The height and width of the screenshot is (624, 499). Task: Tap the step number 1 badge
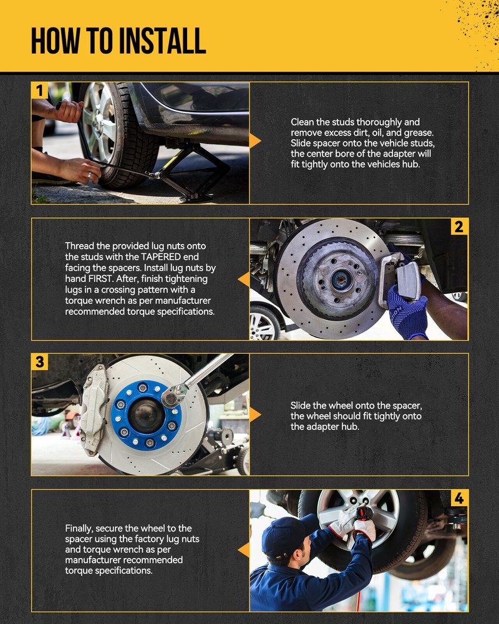point(39,90)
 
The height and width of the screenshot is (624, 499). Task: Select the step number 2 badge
point(459,227)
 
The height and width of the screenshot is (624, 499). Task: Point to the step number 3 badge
point(39,362)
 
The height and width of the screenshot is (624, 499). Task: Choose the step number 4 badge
point(459,498)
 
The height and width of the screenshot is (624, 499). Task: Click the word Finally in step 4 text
point(79,529)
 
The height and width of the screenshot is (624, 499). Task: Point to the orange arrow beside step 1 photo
point(255,141)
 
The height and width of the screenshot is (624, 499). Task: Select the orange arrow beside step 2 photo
point(244,280)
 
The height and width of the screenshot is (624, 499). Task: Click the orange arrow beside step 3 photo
point(255,415)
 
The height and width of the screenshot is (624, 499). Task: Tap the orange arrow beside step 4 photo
point(244,550)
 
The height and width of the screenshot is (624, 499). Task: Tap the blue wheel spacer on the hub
point(146,415)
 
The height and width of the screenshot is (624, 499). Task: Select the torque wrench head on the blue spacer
point(174,396)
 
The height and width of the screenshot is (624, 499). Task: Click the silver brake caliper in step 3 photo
point(94,409)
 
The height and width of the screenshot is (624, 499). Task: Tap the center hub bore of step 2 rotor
point(339,280)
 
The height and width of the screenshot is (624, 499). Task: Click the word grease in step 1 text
point(419,132)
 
